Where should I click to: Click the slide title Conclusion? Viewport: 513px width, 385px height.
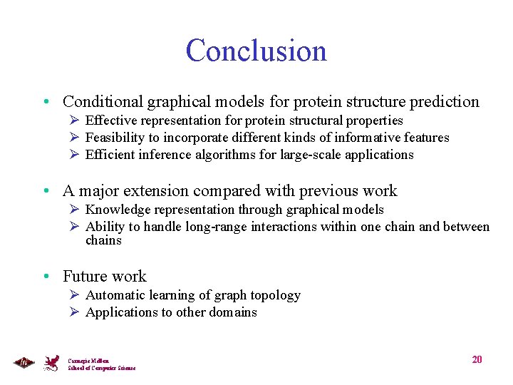[x=256, y=51]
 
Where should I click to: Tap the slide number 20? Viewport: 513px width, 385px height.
[x=477, y=359]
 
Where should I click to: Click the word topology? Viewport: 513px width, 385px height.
[x=275, y=295]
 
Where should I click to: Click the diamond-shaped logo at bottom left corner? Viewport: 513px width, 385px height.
[x=24, y=363]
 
